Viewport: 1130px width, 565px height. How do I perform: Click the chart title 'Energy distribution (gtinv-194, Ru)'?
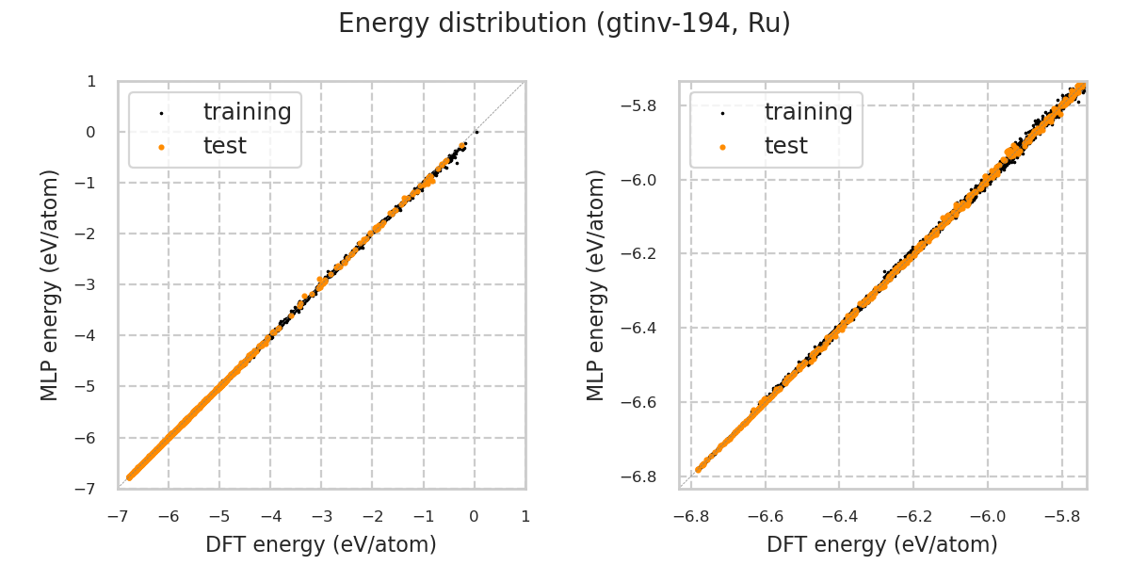point(564,24)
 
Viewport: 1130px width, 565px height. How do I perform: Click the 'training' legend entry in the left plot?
point(247,112)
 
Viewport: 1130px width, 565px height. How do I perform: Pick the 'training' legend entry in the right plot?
point(808,112)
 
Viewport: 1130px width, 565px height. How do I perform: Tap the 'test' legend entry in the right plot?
point(785,146)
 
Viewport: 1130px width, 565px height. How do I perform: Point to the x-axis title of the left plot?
point(321,544)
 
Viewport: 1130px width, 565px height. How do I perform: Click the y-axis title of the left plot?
point(50,284)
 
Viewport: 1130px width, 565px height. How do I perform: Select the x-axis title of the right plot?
point(882,544)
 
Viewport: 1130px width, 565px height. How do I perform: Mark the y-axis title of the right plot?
point(596,284)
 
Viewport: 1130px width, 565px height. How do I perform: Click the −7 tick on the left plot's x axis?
point(118,516)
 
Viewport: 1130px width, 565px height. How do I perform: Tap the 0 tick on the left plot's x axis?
point(475,516)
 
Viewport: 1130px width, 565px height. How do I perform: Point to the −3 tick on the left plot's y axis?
point(90,284)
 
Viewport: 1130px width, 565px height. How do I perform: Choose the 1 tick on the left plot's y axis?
point(91,81)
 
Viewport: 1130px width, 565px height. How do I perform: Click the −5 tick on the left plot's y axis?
point(90,386)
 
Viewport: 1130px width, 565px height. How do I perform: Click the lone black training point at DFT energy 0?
point(476,132)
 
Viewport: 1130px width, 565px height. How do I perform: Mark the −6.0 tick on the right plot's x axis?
point(989,516)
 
